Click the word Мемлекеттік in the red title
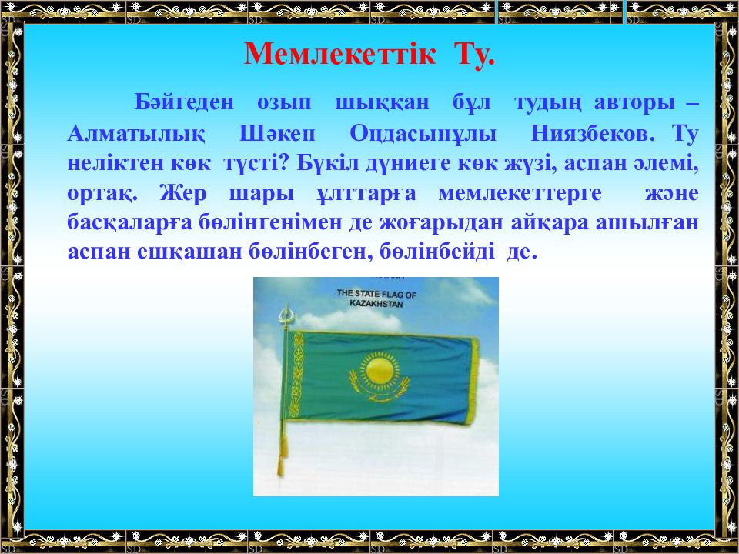[339, 54]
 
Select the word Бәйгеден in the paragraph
[184, 102]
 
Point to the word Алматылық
[136, 134]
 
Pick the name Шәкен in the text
[277, 133]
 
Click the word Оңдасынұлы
[423, 134]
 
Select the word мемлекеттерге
[520, 194]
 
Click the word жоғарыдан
[441, 223]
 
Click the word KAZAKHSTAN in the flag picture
[376, 304]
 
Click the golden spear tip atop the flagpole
[285, 314]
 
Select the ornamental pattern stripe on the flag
[296, 375]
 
